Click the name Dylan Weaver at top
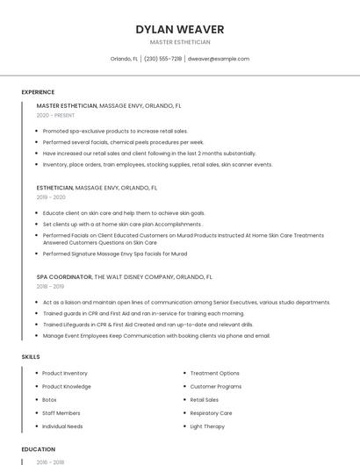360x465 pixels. [x=180, y=29]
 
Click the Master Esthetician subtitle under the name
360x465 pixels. [x=180, y=42]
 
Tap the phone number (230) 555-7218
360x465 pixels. [x=162, y=59]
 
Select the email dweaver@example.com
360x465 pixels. [x=218, y=59]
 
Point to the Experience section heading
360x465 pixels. [x=38, y=92]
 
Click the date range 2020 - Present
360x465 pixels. [x=56, y=115]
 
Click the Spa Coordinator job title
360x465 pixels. [x=64, y=276]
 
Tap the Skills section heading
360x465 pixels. [x=31, y=357]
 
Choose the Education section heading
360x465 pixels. [x=38, y=449]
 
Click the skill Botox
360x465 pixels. [x=49, y=399]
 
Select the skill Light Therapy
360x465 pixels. [x=207, y=426]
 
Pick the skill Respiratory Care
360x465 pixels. [x=211, y=412]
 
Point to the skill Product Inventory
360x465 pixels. [x=65, y=373]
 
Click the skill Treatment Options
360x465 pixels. [x=214, y=373]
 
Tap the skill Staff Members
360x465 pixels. [x=61, y=412]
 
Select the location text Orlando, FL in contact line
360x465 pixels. [x=124, y=59]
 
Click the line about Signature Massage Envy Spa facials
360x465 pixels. [x=115, y=254]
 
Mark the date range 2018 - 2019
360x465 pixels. [x=50, y=286]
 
